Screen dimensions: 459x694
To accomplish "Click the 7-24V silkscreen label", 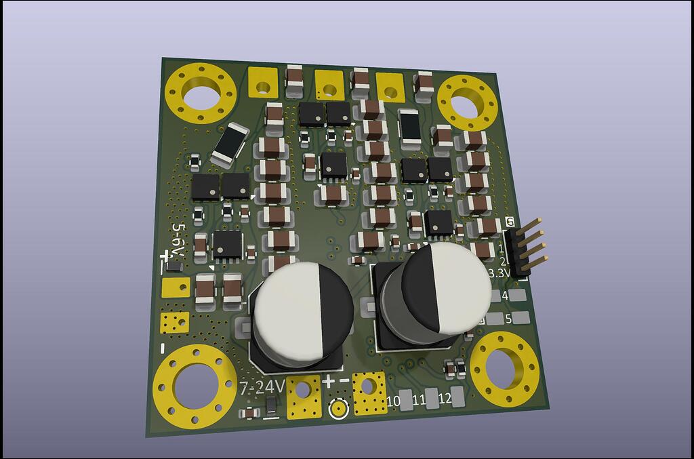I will pos(262,388).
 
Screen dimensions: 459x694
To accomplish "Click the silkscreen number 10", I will pos(393,401).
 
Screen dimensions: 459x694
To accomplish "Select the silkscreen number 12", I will pos(445,398).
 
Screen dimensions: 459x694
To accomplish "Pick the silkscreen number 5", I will pos(508,319).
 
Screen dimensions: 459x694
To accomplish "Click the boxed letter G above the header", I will pos(510,222).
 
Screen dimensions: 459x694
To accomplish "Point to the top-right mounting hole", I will pos(467,105).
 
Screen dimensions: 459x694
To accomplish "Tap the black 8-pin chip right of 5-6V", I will pos(226,245).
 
